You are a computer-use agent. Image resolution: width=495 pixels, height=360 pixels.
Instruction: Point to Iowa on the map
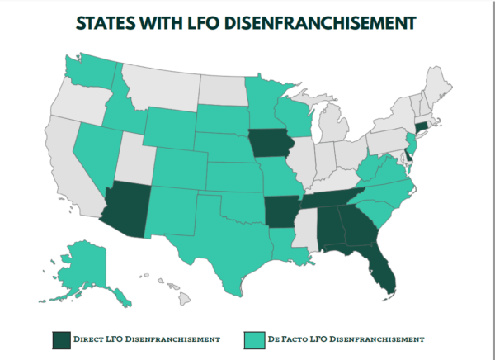point(271,144)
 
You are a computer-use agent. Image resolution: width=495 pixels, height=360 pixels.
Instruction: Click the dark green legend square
point(60,339)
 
